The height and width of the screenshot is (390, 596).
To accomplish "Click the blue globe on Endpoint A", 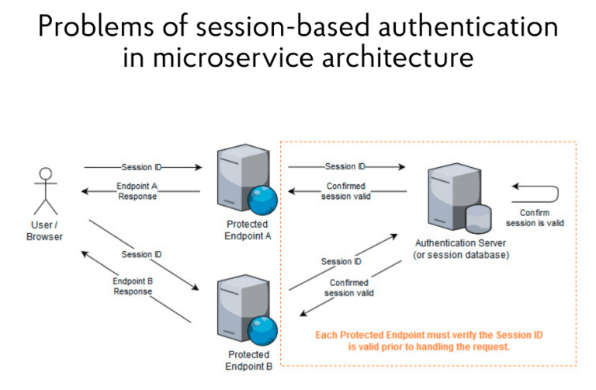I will pos(263,201).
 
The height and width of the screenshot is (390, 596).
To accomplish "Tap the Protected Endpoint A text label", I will pos(242,231).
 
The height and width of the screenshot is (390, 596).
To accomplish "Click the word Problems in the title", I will pos(92,27).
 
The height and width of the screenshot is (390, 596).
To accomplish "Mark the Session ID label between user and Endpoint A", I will pos(140,167).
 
